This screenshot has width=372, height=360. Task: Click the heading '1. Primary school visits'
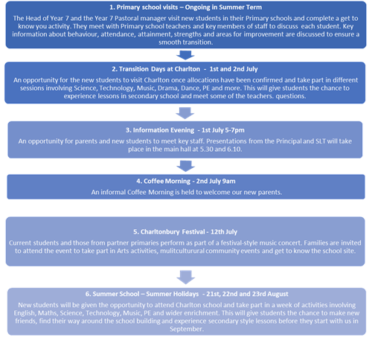coord(144,7)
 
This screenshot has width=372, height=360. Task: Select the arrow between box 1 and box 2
coord(185,55)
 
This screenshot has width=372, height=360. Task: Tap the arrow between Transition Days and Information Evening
coord(185,113)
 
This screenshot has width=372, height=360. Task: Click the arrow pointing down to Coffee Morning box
coord(185,166)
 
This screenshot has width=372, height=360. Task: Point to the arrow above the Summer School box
coord(185,277)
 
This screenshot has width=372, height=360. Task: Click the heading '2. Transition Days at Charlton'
coord(156,69)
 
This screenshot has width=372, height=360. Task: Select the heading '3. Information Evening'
coord(160,130)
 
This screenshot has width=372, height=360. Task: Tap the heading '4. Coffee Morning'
coord(163,181)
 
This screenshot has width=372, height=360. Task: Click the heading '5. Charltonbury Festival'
coord(169,232)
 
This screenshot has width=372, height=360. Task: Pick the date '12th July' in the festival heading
coord(224,232)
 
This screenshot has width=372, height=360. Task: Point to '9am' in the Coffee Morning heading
coord(228,181)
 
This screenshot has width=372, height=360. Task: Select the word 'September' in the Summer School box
coord(186,329)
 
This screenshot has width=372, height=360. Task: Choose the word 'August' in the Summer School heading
coord(278,294)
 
